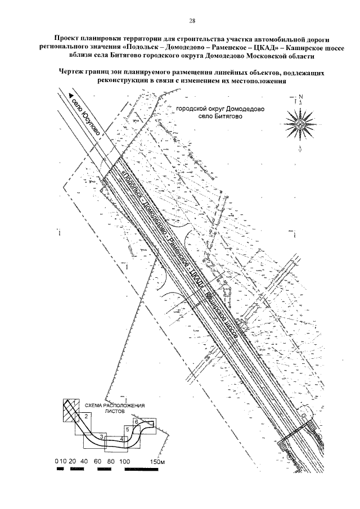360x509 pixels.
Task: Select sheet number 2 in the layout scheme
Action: pos(85,416)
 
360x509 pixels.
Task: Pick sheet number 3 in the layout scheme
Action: pos(100,436)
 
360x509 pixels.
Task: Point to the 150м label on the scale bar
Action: pos(157,462)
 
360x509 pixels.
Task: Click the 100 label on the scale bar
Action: pos(125,462)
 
